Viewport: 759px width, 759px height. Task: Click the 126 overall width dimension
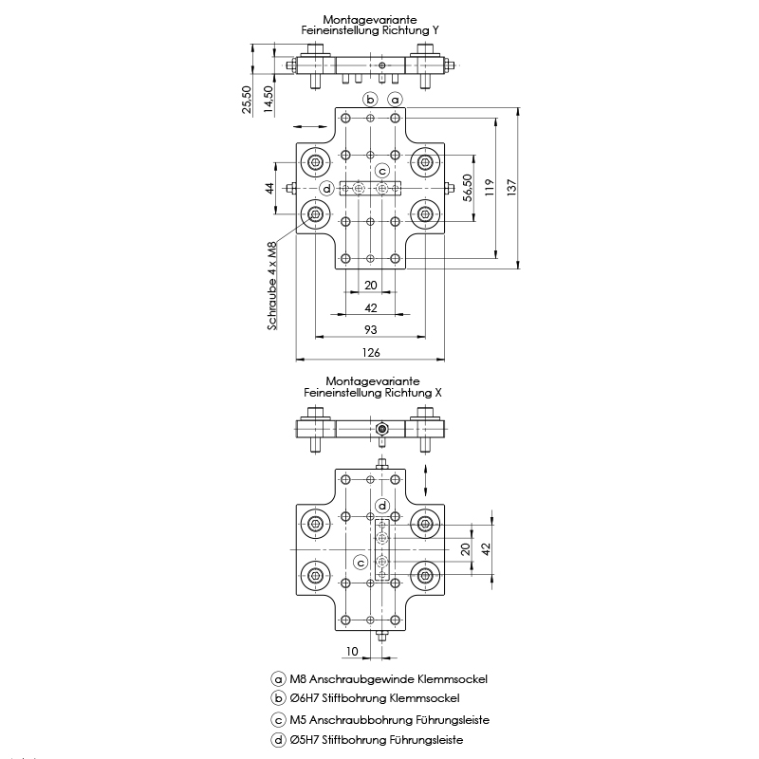[371, 353]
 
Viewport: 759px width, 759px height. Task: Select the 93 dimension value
[371, 328]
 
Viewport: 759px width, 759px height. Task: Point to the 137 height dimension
[513, 188]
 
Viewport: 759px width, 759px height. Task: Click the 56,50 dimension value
[467, 189]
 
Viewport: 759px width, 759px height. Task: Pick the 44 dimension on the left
[269, 189]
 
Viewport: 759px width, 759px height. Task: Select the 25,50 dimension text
[247, 100]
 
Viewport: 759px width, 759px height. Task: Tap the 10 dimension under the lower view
[352, 651]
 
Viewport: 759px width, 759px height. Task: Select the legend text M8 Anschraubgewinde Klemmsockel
[388, 679]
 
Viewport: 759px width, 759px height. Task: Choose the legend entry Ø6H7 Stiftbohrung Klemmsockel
[384, 699]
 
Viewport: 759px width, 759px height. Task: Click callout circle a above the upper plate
[396, 99]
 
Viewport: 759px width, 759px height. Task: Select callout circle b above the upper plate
[371, 99]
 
